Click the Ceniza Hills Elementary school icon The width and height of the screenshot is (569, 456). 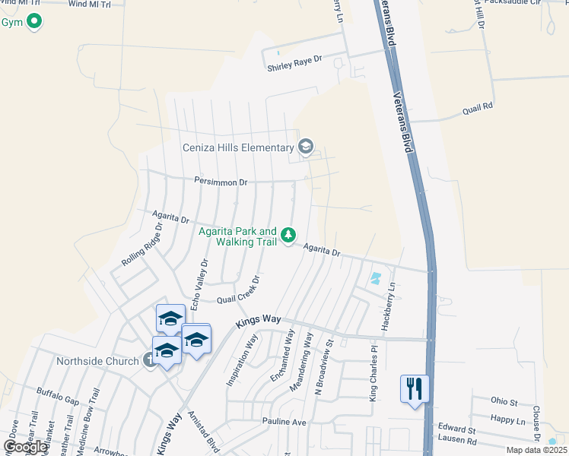[x=306, y=147]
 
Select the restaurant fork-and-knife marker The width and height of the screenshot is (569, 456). [x=415, y=389]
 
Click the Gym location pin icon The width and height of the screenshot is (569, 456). [x=33, y=22]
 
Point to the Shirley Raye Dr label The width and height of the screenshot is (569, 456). [x=295, y=68]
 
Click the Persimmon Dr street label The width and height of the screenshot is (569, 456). [x=221, y=182]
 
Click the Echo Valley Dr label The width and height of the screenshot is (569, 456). [x=200, y=283]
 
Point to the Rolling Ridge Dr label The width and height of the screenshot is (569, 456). [x=142, y=244]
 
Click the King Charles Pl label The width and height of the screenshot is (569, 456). [x=374, y=374]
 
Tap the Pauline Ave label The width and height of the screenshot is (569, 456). [x=284, y=422]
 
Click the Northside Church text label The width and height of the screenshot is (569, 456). [x=97, y=360]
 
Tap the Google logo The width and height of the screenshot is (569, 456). [x=24, y=446]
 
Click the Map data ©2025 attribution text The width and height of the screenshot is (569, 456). [x=536, y=450]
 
